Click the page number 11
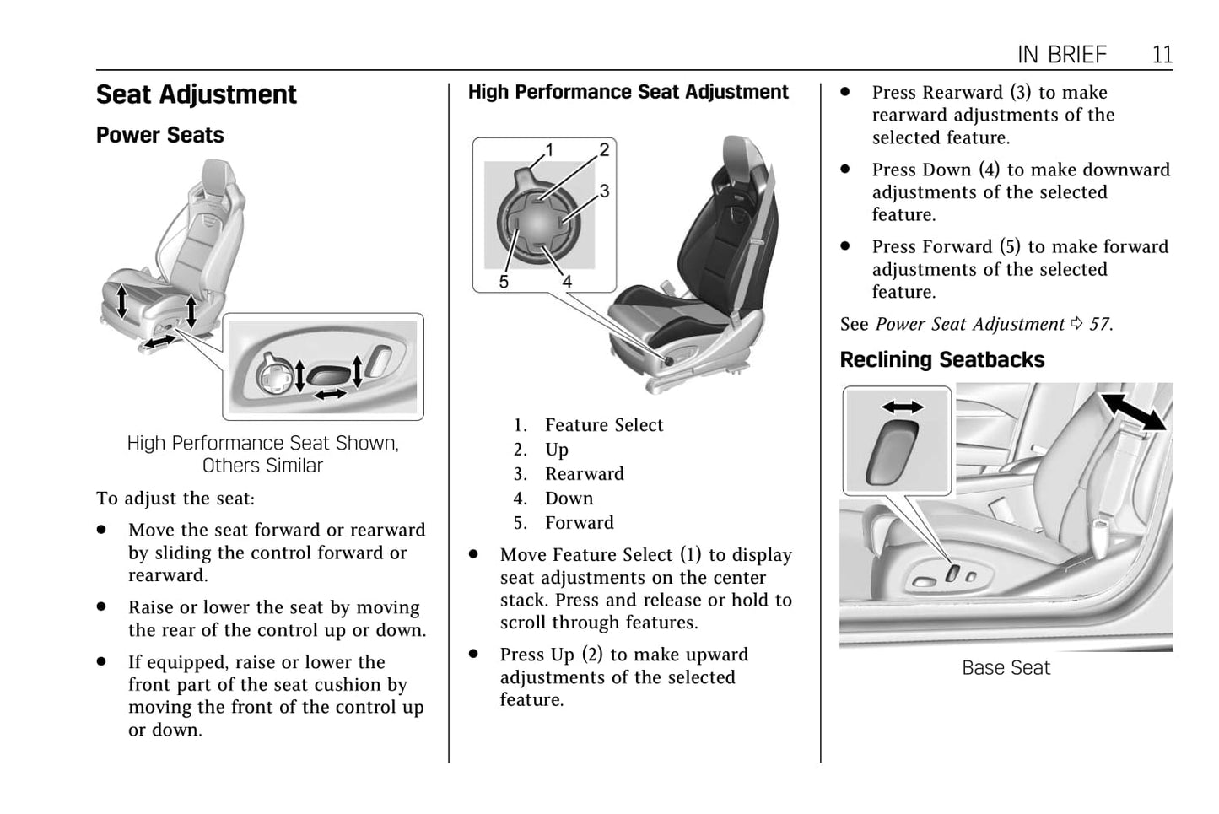(x=1162, y=55)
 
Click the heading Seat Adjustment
(x=196, y=94)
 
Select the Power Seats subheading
(x=159, y=135)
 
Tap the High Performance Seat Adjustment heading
(x=628, y=92)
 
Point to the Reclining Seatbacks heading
(x=941, y=360)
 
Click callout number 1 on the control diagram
(x=549, y=150)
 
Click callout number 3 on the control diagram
(x=604, y=191)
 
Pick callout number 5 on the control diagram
(x=504, y=282)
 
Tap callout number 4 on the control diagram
(x=567, y=282)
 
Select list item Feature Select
(x=603, y=425)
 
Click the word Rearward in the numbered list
(x=584, y=474)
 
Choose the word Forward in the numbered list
(x=579, y=523)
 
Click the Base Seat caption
(x=1006, y=668)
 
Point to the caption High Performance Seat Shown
(x=262, y=444)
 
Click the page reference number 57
(x=1098, y=325)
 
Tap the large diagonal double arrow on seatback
(x=1134, y=411)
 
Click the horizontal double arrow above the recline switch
(x=902, y=407)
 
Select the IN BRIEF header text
(x=1061, y=55)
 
